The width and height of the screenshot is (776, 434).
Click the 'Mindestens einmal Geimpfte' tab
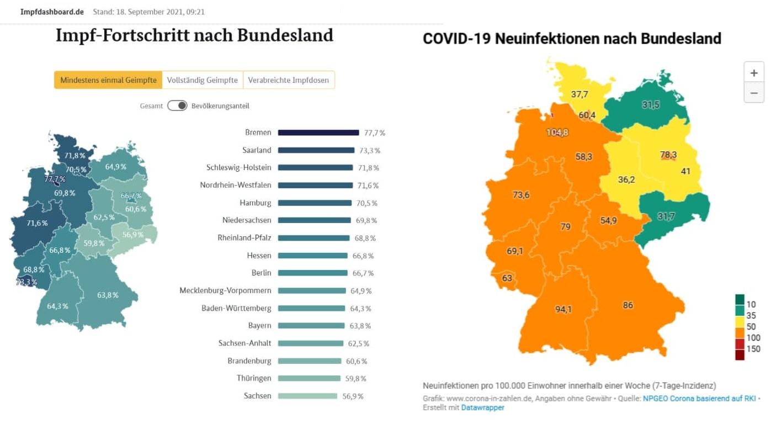[108, 80]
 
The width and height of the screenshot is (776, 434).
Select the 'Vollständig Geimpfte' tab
[203, 80]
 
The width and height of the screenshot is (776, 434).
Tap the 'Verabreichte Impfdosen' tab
[288, 80]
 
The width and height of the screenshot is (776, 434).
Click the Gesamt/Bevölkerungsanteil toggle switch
[177, 105]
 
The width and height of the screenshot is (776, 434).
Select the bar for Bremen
[318, 133]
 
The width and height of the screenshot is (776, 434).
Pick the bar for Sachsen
[307, 396]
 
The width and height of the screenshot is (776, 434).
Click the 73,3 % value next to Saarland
[369, 150]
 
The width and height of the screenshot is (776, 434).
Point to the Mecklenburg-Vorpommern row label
[225, 290]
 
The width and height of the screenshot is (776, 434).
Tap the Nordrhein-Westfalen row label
[236, 185]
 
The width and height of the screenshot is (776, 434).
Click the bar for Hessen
[312, 256]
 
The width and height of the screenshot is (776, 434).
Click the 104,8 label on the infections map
[557, 133]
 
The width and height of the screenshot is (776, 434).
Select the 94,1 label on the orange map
[563, 309]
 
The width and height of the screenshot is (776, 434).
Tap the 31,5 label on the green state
[651, 105]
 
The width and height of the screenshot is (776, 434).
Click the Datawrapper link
[482, 407]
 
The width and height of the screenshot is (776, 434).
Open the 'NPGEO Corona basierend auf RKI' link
[699, 398]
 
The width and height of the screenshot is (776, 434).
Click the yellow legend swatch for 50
[740, 326]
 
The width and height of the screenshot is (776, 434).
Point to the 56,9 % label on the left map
[133, 235]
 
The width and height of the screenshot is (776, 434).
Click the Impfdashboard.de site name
[52, 12]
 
